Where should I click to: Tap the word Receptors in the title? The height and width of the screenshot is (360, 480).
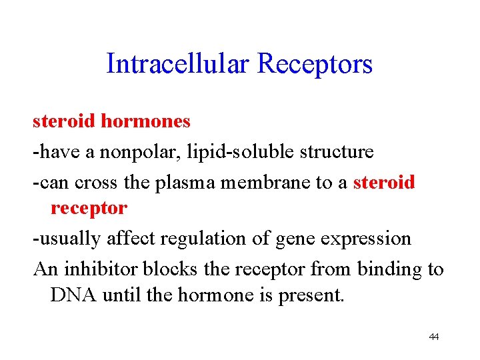(315, 65)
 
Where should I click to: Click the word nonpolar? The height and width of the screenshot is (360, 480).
(131, 152)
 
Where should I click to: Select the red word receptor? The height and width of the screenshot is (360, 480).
(89, 208)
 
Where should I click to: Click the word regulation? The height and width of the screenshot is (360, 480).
(204, 238)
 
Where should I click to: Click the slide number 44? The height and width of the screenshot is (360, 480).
(434, 337)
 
